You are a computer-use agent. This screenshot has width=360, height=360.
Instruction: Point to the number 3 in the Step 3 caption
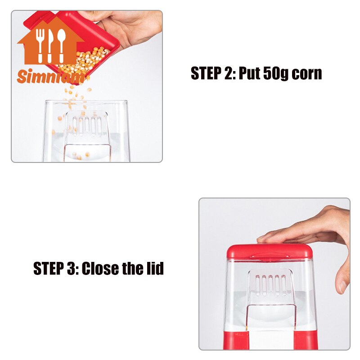71,268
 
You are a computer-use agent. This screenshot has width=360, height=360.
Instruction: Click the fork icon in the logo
40,46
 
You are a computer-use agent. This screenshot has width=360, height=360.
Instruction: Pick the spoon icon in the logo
61,46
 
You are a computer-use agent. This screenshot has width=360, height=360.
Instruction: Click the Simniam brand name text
50,76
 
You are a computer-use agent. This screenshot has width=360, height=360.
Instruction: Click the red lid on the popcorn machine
270,252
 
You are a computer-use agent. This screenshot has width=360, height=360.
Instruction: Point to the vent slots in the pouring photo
87,126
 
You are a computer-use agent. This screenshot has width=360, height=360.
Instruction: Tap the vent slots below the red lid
271,285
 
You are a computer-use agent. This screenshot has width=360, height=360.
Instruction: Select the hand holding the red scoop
129,27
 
